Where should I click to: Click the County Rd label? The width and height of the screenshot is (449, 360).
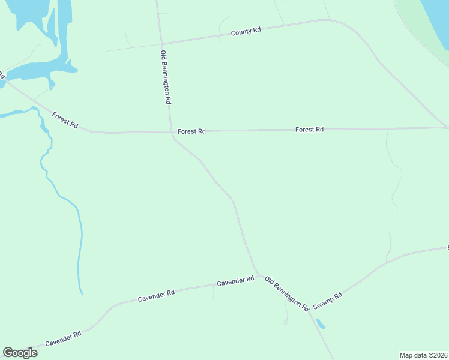point(246,31)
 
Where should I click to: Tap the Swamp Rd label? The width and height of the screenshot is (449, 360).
point(328,300)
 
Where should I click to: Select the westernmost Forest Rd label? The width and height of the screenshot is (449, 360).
point(65,120)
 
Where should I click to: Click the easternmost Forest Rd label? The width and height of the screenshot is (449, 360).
point(309,129)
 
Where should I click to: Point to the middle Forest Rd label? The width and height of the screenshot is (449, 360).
point(191,131)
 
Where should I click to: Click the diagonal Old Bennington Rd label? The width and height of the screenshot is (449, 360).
point(287,293)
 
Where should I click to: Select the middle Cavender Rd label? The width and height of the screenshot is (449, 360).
point(156,295)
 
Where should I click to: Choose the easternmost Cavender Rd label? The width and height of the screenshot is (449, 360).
point(235,281)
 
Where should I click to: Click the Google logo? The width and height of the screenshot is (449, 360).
point(20,353)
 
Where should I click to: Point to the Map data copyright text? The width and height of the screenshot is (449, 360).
point(424,355)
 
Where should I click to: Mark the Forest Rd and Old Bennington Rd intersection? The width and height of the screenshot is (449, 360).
point(172,131)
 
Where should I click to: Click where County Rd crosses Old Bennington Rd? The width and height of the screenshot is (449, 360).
point(161,43)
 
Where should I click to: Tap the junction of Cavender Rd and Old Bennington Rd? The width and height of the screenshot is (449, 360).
point(258,275)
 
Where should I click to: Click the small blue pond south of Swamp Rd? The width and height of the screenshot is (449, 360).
point(321,325)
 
